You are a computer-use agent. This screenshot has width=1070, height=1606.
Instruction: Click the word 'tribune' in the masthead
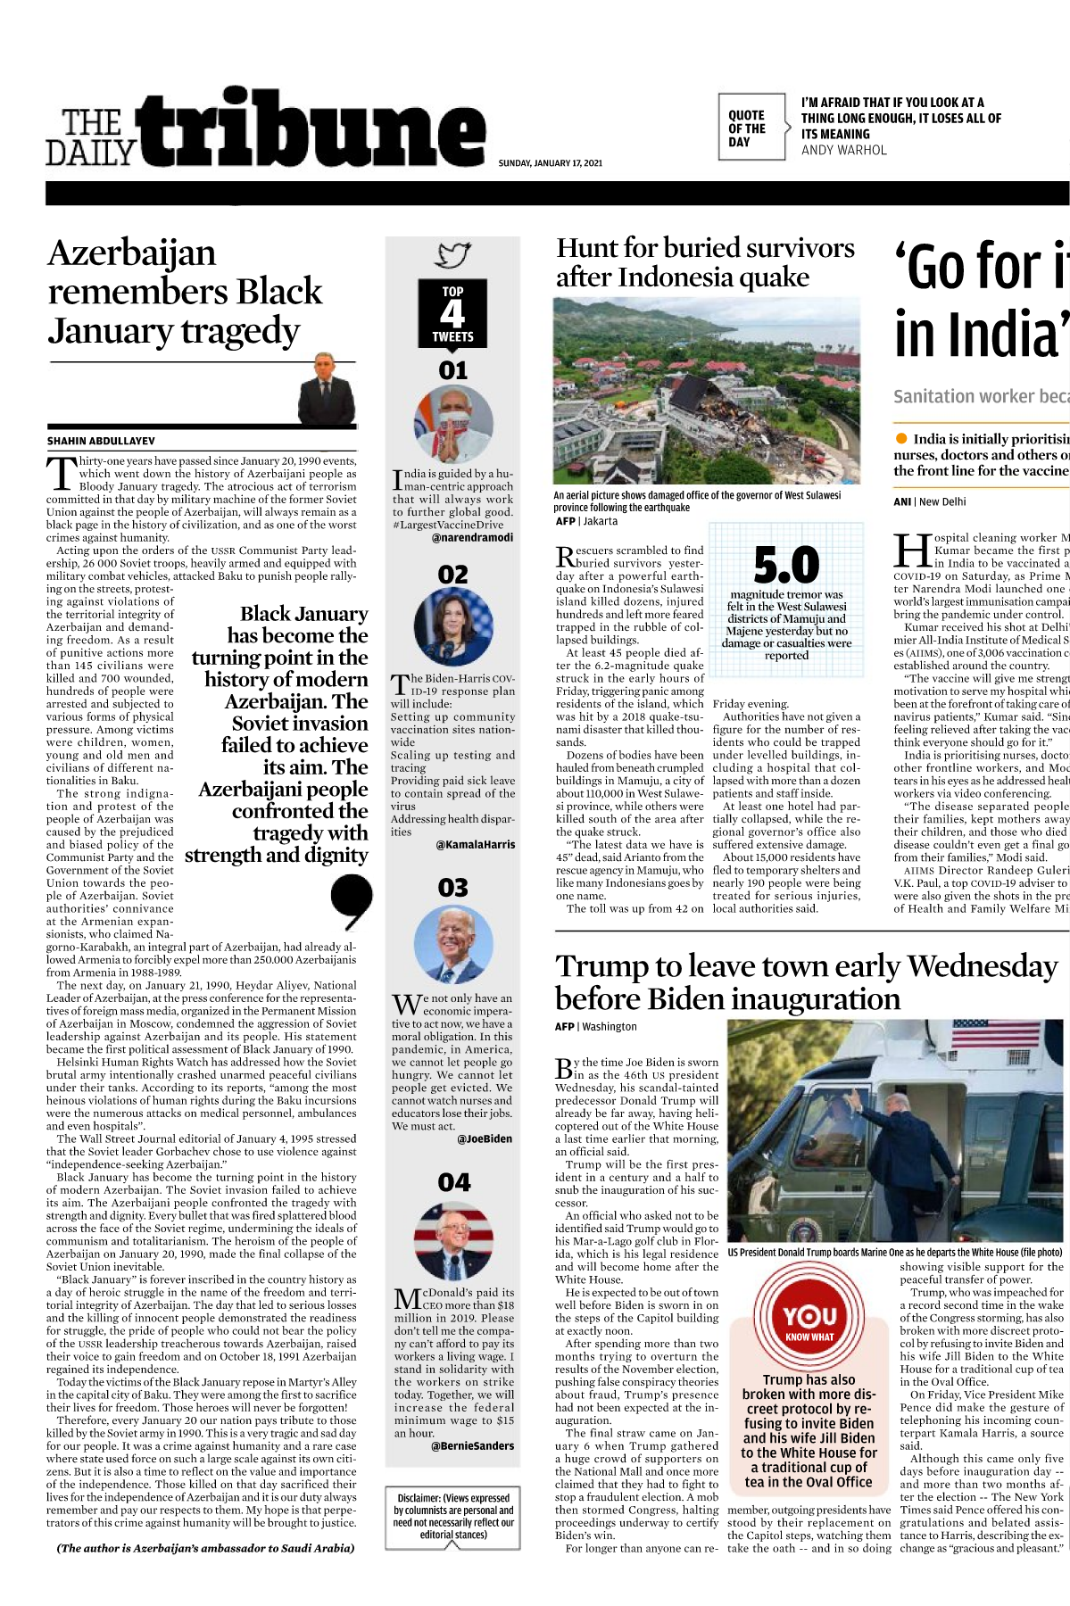click(312, 130)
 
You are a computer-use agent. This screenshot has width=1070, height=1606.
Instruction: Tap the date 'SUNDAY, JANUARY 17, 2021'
click(550, 163)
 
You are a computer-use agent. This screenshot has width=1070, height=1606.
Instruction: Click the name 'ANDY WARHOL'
click(843, 150)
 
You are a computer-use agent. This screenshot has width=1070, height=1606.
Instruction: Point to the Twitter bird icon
click(452, 255)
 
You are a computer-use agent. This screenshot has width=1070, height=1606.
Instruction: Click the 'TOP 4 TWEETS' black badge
click(452, 313)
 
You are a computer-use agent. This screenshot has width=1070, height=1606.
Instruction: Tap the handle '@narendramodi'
click(473, 537)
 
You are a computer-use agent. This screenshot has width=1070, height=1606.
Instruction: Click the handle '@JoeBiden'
click(485, 1138)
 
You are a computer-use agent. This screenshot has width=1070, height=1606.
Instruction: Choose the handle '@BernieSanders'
click(472, 1445)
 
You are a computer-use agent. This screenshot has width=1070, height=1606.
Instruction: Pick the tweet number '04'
click(453, 1183)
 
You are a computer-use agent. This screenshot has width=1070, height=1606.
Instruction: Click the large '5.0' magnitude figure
click(786, 564)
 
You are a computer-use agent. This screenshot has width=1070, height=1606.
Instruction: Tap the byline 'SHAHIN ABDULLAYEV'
click(101, 441)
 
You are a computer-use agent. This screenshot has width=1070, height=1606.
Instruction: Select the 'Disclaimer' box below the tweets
click(453, 1516)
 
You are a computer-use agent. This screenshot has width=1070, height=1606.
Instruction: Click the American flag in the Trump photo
click(999, 1035)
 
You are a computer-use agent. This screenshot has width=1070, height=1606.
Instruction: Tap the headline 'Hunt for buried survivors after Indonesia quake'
click(705, 262)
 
